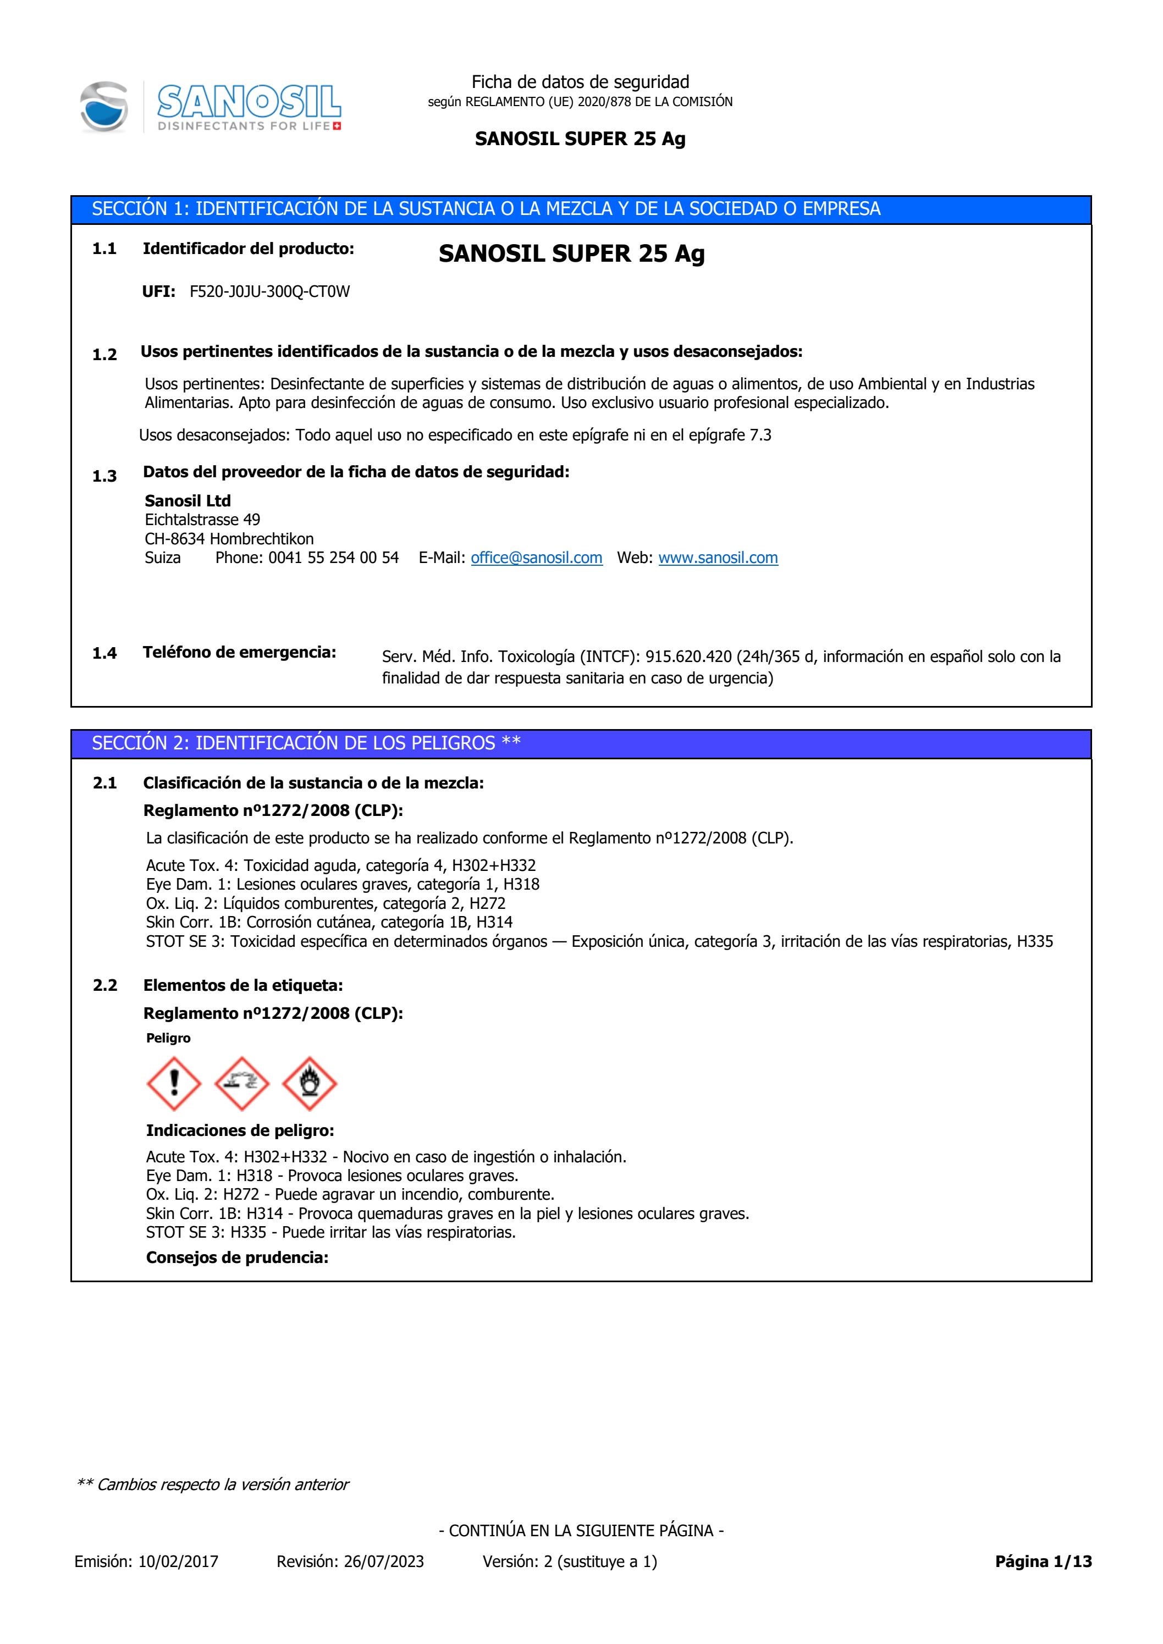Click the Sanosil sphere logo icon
[104, 107]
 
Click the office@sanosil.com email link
[536, 558]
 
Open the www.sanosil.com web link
[718, 558]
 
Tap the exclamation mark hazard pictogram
[173, 1083]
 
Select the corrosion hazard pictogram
[241, 1083]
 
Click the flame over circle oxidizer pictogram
[310, 1083]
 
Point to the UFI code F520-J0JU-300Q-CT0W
[269, 291]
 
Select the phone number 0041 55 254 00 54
[333, 558]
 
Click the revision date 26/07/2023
[384, 1562]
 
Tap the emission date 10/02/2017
[178, 1562]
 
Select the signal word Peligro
[168, 1038]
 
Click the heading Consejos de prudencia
[237, 1257]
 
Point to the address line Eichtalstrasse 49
[203, 520]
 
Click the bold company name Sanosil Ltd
[188, 500]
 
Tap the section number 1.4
[104, 653]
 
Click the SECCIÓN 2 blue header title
[306, 743]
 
